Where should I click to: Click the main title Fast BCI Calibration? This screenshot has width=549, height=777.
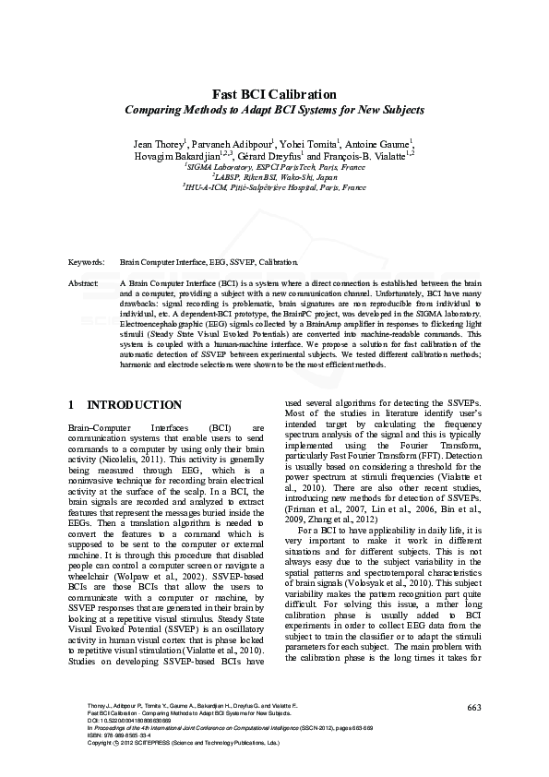pos(274,94)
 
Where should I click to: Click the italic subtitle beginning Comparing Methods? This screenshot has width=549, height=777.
pos(274,110)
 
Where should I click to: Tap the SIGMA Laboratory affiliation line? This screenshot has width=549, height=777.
pos(274,168)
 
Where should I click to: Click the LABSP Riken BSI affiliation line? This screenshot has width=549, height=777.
pos(274,177)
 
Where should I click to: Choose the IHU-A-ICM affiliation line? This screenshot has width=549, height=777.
pos(274,187)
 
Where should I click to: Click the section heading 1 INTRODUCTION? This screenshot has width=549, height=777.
pos(125,405)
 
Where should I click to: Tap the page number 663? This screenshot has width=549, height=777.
pos(474,707)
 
